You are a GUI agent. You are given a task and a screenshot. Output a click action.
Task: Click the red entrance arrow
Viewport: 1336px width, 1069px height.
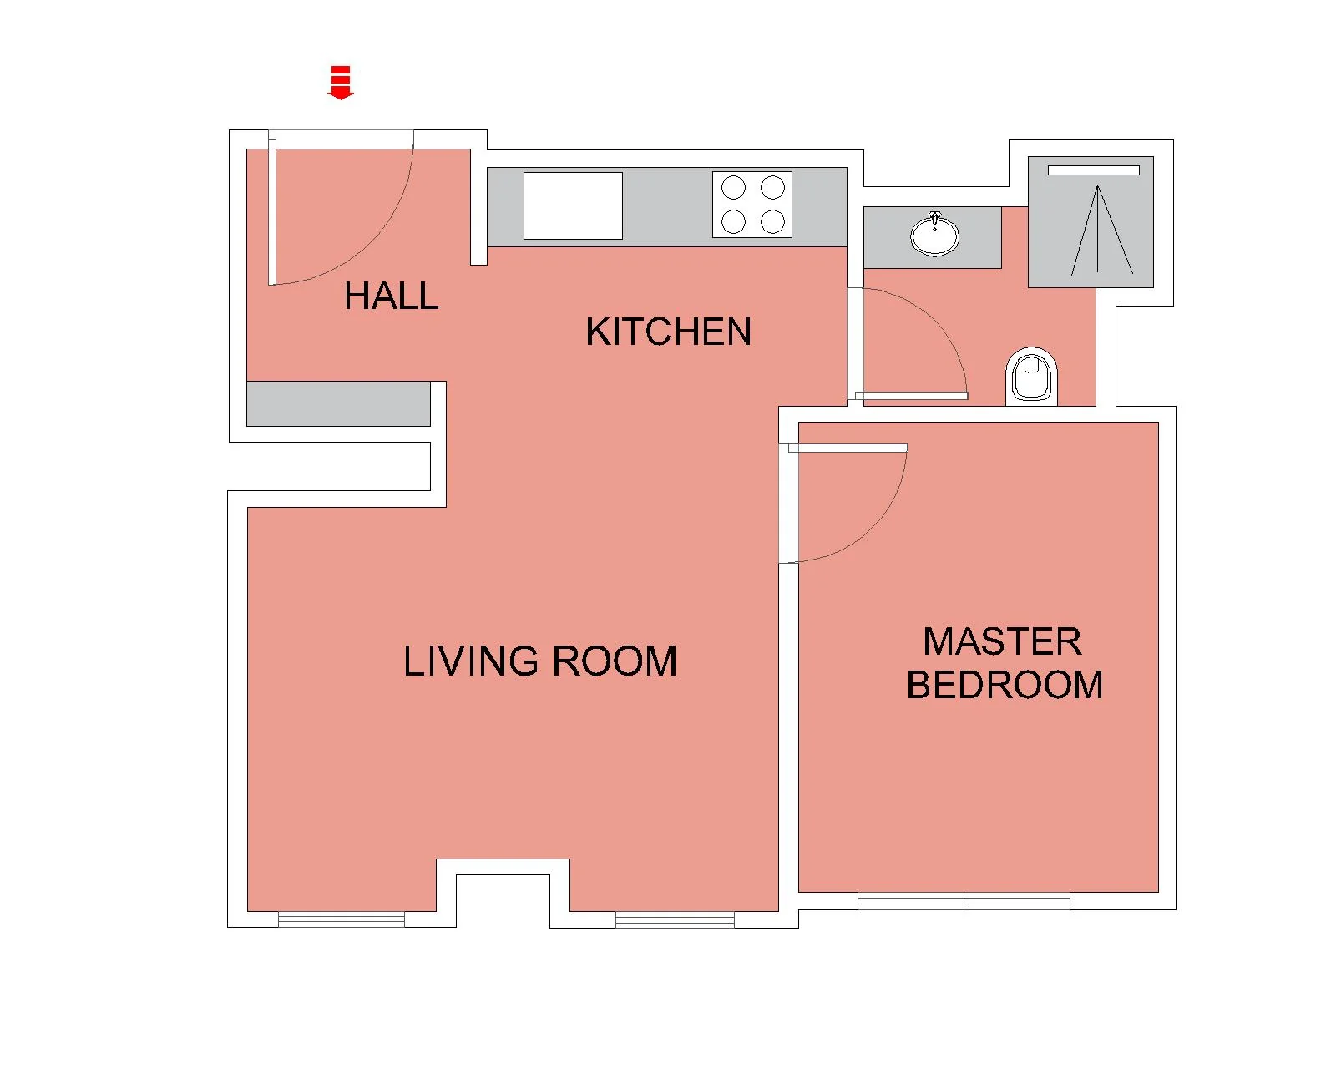coord(340,82)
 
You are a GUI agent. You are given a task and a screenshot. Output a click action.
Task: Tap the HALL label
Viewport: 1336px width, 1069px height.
coord(392,296)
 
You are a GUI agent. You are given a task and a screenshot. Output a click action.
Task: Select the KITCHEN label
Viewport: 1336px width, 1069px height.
coord(669,332)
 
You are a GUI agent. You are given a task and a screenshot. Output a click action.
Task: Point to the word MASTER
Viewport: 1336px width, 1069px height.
coord(1003,641)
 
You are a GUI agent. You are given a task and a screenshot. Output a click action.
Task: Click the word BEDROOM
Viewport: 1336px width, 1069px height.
coord(1005,685)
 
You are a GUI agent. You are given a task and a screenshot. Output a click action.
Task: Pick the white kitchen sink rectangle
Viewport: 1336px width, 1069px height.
coord(573,205)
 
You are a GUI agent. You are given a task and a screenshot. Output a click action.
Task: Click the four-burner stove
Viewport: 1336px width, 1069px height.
coord(752,205)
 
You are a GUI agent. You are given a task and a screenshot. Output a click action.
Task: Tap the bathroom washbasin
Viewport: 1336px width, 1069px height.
coord(934,234)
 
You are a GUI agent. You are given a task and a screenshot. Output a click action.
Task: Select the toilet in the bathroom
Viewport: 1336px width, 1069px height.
coord(1031,377)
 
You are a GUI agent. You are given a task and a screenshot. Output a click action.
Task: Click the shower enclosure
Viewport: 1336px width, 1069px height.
coord(1091,222)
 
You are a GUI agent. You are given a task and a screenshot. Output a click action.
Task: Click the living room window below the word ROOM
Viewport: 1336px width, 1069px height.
coord(675,920)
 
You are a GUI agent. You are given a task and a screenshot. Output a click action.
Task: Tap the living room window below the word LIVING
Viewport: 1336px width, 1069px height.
coord(342,920)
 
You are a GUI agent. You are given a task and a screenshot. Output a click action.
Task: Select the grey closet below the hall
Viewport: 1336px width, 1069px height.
coord(338,403)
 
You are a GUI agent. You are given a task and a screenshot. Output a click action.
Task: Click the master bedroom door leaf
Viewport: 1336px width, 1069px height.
coord(848,448)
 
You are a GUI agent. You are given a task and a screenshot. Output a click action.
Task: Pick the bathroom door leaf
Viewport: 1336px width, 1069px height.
coord(911,396)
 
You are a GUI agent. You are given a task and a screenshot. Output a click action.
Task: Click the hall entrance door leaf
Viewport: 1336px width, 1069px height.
coord(272,212)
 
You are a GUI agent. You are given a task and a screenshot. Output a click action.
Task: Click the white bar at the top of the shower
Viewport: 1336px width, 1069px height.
coord(1094,170)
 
